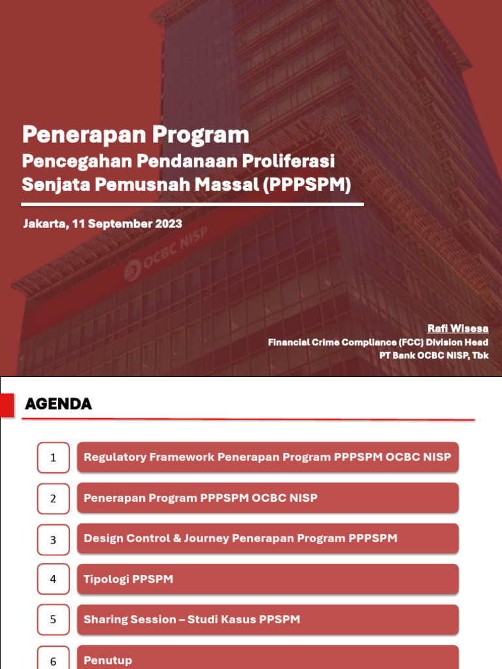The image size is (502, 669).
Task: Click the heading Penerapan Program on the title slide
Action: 135,135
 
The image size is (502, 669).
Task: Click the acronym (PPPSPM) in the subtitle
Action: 308,184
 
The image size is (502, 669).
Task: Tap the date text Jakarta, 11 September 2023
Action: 103,223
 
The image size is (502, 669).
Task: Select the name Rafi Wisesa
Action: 458,328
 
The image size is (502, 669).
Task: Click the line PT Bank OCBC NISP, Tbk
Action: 434,355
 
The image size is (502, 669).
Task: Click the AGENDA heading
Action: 58,404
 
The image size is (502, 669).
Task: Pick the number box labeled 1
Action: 53,458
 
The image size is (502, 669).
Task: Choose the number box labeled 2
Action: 53,498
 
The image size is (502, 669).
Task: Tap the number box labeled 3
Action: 53,540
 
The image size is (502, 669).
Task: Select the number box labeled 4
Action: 53,579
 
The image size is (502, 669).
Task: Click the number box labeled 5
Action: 53,619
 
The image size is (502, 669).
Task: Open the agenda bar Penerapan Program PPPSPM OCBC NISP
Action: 267,498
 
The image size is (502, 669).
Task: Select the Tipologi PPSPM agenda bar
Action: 267,579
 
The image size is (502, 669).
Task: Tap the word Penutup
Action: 108,661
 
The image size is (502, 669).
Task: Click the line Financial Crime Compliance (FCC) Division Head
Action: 378,342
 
